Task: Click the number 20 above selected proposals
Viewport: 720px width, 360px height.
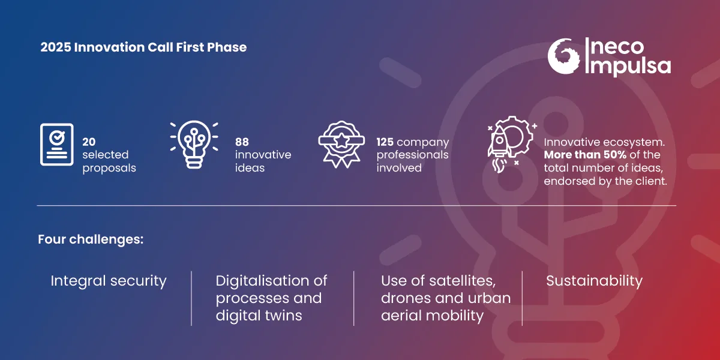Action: point(89,142)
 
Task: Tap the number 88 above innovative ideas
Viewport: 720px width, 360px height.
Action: point(242,142)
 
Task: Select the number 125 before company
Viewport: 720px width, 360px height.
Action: point(385,142)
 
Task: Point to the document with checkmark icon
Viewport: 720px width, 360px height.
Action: point(56,144)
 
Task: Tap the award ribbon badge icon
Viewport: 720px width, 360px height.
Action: point(341,145)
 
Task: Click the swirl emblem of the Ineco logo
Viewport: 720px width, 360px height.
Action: point(564,56)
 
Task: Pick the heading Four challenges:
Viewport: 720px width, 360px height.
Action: point(91,239)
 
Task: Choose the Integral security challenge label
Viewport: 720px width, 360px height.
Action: point(109,281)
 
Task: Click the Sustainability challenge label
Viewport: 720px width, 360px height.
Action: point(594,281)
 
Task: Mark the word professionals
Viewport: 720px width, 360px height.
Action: point(412,155)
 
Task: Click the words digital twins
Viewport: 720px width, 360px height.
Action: point(259,316)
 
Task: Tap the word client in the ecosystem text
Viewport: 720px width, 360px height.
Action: point(651,181)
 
